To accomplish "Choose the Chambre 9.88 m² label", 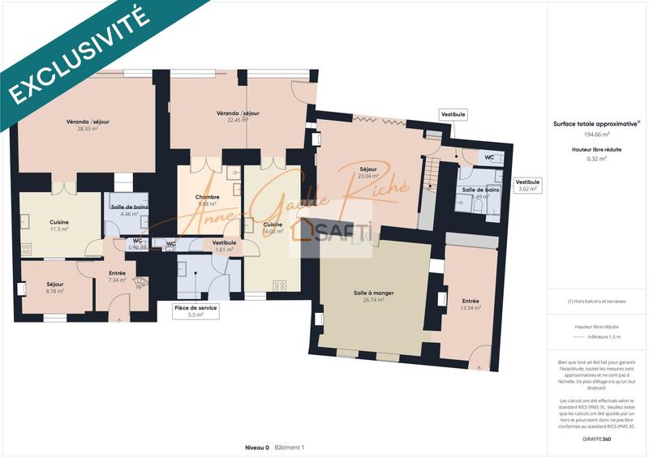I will (x=208, y=201).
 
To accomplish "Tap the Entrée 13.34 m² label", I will (x=471, y=304).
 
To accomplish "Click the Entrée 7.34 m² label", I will (x=117, y=276).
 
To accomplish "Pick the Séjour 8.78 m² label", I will (x=55, y=288).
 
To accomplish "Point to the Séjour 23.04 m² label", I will (x=368, y=173).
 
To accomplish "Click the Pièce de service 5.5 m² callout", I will (x=196, y=310).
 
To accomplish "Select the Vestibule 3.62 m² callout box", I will (x=527, y=186).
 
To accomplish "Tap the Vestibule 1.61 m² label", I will (x=224, y=246).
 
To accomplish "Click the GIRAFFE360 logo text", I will (x=597, y=439).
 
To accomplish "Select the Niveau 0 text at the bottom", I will (x=257, y=447).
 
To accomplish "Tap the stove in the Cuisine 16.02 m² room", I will (x=280, y=285).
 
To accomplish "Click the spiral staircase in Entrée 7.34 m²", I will (x=140, y=284).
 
